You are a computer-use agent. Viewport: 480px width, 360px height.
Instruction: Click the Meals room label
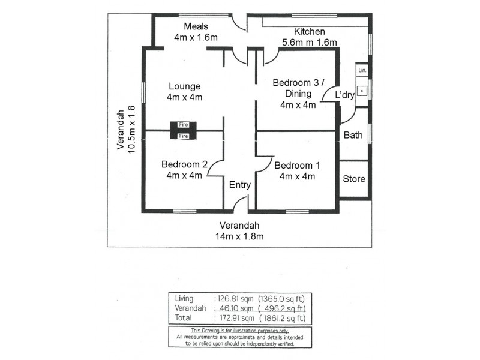coord(196,26)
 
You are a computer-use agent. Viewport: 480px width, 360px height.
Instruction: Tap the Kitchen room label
coord(309,31)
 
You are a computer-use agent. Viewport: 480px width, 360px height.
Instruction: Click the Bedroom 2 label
coord(184,165)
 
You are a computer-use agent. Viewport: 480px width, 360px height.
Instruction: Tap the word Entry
coord(240,185)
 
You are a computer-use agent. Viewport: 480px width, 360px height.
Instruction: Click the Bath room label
coord(353,135)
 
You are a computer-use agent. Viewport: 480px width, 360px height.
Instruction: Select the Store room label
coord(353,179)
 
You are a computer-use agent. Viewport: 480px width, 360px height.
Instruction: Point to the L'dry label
coord(344,95)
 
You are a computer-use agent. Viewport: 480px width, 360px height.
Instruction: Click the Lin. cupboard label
coord(361,71)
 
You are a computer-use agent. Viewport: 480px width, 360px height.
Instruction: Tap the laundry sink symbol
coord(362,92)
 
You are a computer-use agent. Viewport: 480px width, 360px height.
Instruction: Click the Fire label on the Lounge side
coord(184,124)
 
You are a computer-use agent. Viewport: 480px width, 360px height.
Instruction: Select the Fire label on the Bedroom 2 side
coord(184,136)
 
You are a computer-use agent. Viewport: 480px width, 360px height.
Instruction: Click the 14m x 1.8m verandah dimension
coord(239,236)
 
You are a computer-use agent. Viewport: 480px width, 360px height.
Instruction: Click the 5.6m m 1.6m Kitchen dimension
coord(309,42)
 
